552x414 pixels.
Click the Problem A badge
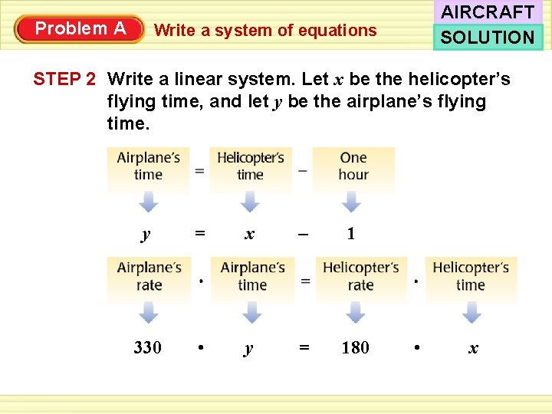pyautogui.click(x=80, y=29)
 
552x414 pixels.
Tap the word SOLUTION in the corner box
pyautogui.click(x=488, y=37)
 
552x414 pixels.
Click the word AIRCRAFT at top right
pyautogui.click(x=488, y=12)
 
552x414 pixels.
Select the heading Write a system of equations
pyautogui.click(x=265, y=31)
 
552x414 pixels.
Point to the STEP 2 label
pyautogui.click(x=64, y=79)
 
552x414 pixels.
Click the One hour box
pyautogui.click(x=353, y=166)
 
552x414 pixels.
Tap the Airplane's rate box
pyautogui.click(x=149, y=276)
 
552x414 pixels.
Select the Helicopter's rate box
pyautogui.click(x=360, y=276)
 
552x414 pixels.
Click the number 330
pyautogui.click(x=147, y=348)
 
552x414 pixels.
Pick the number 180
pyautogui.click(x=355, y=348)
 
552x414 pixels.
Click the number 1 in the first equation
pyautogui.click(x=350, y=234)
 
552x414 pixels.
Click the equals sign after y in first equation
pyautogui.click(x=199, y=233)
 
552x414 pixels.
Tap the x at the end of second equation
pyautogui.click(x=473, y=348)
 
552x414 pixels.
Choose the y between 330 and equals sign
pyautogui.click(x=248, y=349)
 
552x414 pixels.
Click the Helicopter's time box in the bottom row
pyautogui.click(x=471, y=276)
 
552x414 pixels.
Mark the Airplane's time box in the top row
pyautogui.click(x=148, y=166)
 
